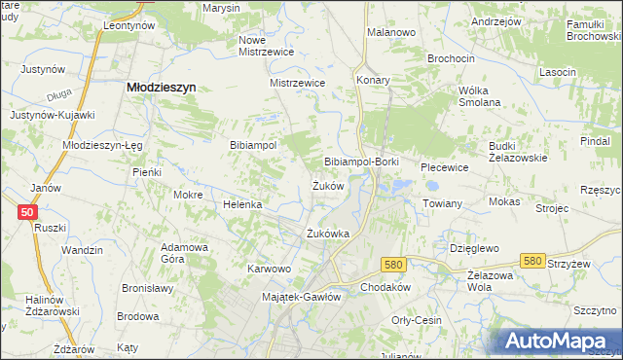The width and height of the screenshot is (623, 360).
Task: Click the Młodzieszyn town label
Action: tap(162, 87)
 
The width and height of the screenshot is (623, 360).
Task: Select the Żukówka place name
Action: tap(327, 234)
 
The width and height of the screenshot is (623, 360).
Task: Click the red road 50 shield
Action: tap(26, 212)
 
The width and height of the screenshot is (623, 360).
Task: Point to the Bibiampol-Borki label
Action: tap(361, 160)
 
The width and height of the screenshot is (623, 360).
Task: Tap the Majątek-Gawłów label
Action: tap(301, 297)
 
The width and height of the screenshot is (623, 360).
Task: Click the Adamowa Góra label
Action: tap(185, 253)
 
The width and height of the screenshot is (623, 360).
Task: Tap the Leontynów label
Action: tap(128, 25)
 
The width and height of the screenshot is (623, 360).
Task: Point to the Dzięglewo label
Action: tap(474, 248)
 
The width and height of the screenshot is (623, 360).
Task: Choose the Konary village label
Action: tap(373, 81)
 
